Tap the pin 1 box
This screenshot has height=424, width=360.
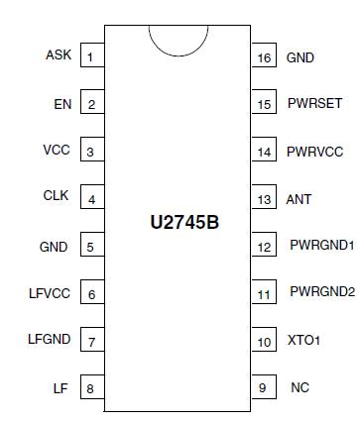pyautogui.click(x=91, y=56)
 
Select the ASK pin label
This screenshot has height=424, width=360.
pyautogui.click(x=59, y=54)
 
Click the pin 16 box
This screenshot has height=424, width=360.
pyautogui.click(x=264, y=57)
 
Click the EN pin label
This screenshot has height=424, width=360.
pyautogui.click(x=61, y=103)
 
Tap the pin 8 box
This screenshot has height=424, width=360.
pyautogui.click(x=91, y=388)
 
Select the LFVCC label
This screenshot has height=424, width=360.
pyautogui.click(x=50, y=293)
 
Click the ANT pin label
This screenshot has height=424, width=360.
pyautogui.click(x=299, y=199)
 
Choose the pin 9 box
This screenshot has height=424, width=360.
pyautogui.click(x=264, y=388)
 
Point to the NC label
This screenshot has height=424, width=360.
pyautogui.click(x=300, y=387)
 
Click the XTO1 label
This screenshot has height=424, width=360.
pyautogui.click(x=304, y=341)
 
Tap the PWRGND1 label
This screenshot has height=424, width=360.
pyautogui.click(x=321, y=245)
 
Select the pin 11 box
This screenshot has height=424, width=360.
pyautogui.click(x=264, y=294)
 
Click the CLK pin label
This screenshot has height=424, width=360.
pyautogui.click(x=57, y=197)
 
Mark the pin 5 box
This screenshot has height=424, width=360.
pyautogui.click(x=91, y=247)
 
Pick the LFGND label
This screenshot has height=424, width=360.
pyautogui.click(x=50, y=340)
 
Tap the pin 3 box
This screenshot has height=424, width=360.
pyautogui.click(x=91, y=152)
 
